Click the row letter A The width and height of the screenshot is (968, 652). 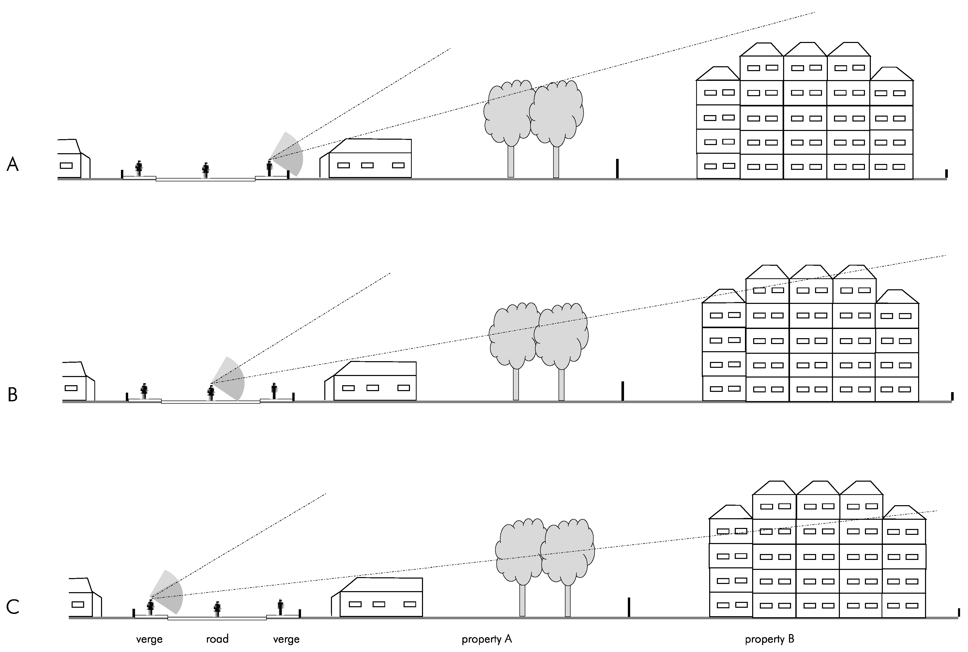[13, 165]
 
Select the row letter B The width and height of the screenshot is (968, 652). [13, 395]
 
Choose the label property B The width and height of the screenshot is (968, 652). [769, 639]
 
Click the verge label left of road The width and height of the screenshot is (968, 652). [149, 639]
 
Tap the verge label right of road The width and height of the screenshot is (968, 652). [286, 639]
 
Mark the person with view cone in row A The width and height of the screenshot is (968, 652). [269, 168]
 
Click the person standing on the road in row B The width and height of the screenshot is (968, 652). [211, 393]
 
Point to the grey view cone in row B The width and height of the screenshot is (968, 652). [231, 380]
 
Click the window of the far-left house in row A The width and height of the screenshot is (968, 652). [66, 165]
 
